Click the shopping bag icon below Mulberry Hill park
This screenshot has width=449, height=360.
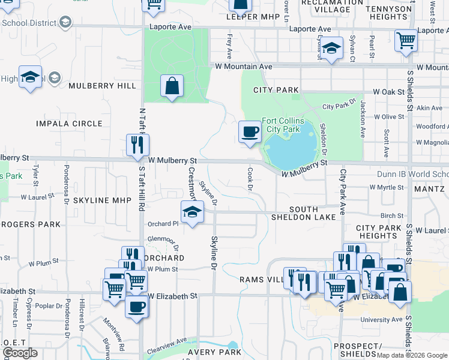coord(172,86)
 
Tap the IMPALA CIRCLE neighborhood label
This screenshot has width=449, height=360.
coord(70,124)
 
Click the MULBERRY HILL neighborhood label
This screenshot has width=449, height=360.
coord(103,86)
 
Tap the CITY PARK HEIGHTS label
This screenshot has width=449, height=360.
coord(379,232)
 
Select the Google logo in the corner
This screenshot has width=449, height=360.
coord(20,353)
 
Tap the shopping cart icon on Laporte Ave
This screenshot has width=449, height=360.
coord(406,41)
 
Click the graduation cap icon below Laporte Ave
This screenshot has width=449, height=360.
coord(330,49)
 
